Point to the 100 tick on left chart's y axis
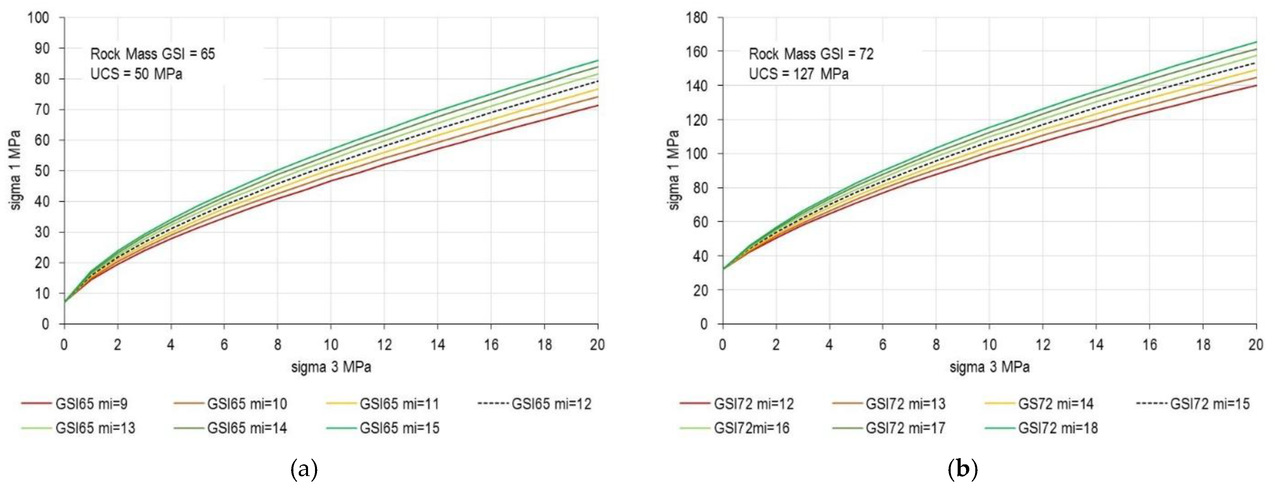click(x=38, y=18)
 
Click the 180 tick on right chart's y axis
click(x=697, y=18)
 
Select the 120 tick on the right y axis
click(x=697, y=120)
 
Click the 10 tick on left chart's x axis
click(x=331, y=345)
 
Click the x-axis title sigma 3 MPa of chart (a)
click(x=331, y=367)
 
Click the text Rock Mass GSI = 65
click(x=152, y=54)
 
